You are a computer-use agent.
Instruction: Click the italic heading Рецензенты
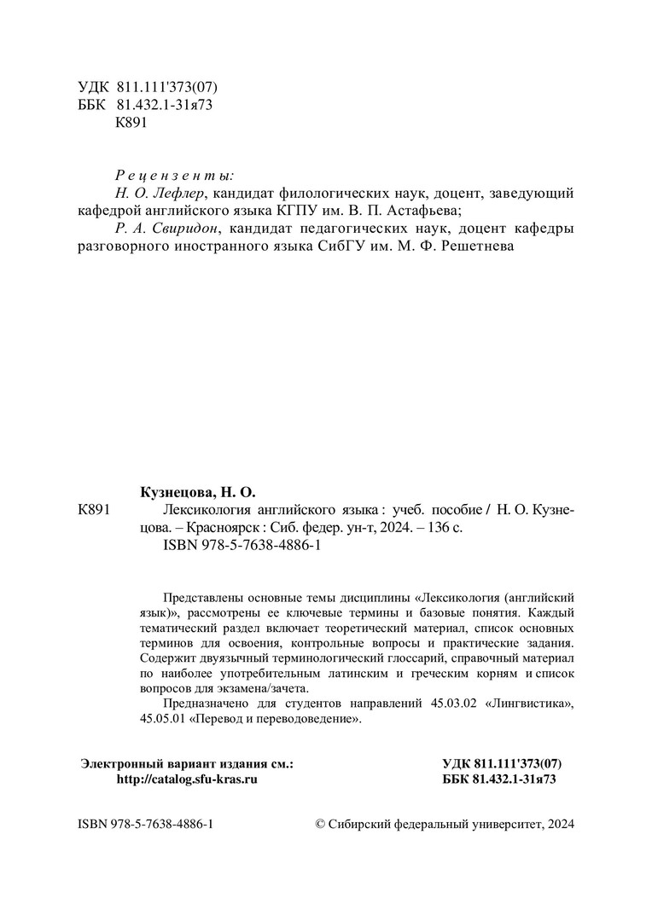(173, 175)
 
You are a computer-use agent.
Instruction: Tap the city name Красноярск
(218, 528)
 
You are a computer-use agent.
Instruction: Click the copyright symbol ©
(321, 825)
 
